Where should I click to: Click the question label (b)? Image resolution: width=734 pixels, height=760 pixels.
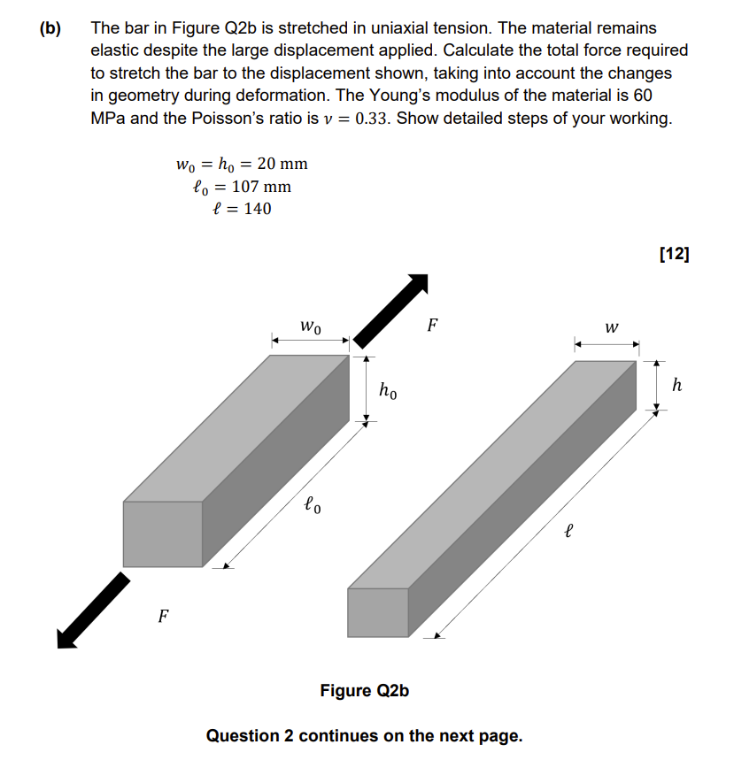tap(50, 29)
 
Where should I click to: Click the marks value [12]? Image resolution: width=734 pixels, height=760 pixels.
tap(674, 254)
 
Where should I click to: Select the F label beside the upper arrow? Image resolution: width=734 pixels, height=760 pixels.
tap(432, 325)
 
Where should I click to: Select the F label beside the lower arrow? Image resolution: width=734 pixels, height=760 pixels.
tap(163, 615)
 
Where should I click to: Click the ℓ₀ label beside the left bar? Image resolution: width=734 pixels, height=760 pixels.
tap(313, 505)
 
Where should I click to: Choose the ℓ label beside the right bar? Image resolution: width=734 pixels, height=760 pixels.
tap(569, 532)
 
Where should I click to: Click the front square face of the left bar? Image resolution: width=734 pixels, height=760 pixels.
tap(163, 534)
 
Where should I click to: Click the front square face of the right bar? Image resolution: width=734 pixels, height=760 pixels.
tap(378, 612)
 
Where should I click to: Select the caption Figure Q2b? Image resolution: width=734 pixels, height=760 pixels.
tap(365, 690)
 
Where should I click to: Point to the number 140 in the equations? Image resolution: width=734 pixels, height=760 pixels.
tap(255, 209)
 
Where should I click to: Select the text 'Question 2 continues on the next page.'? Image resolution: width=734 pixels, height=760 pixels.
tap(364, 735)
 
